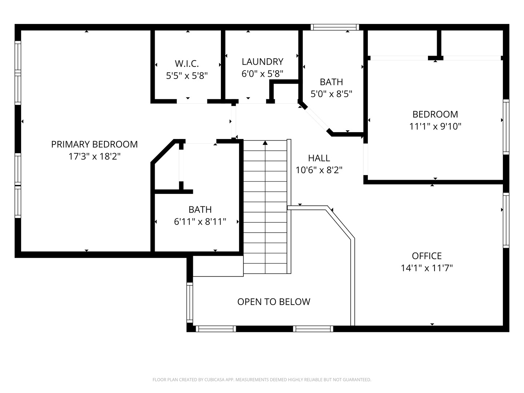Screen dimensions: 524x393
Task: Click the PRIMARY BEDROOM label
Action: tap(94, 144)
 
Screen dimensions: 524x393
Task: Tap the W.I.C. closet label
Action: tap(187, 64)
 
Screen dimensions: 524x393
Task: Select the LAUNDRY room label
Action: tap(262, 61)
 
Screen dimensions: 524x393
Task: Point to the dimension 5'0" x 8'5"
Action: tap(332, 94)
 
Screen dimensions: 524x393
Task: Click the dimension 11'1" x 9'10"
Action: tap(435, 126)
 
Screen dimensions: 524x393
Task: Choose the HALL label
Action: tap(319, 158)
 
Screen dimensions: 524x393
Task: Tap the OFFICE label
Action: tap(427, 256)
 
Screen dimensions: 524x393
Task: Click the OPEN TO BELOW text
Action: tap(274, 302)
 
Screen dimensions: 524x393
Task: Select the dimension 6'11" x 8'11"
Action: tap(200, 222)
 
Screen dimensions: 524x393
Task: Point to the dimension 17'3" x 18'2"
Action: tap(94, 156)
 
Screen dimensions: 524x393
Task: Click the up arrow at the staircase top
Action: tap(265, 142)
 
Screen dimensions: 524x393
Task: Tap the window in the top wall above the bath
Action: tap(335, 27)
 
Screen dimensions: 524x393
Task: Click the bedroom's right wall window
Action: tap(506, 127)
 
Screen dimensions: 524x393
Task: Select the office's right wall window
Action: tap(506, 220)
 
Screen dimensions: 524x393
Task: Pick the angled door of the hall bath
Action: tap(317, 119)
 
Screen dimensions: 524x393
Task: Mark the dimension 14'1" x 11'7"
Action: tap(427, 268)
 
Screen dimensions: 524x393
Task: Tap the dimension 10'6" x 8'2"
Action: tap(319, 170)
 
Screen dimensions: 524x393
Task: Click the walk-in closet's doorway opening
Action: tap(192, 102)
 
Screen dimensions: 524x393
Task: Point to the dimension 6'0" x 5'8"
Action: tap(262, 74)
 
